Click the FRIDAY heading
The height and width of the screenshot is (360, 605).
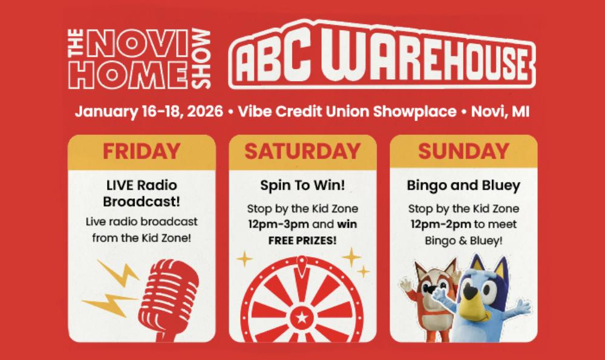coord(141,151)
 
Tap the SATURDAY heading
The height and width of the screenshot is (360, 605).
coord(302,151)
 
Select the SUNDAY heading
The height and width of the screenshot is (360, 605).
coord(463,151)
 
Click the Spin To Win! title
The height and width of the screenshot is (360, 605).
coord(302,185)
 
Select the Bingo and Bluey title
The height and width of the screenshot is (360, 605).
coord(463,185)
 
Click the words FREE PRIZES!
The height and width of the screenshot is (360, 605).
coord(302,240)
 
